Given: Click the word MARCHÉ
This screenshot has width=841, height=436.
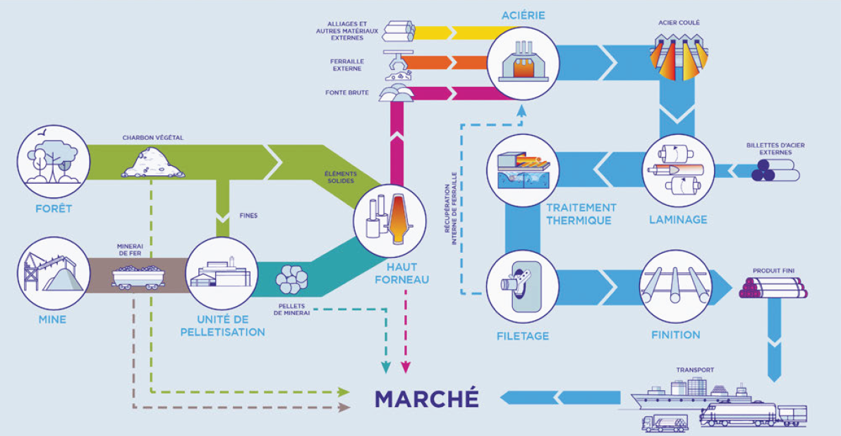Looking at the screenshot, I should click(x=427, y=399).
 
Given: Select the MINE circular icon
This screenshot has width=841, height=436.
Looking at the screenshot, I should click(x=54, y=271).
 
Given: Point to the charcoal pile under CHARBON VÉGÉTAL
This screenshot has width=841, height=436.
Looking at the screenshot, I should click(x=153, y=163).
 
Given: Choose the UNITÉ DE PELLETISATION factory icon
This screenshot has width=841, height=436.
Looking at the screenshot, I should click(x=221, y=271).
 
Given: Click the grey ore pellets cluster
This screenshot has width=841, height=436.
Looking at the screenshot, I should click(x=291, y=278).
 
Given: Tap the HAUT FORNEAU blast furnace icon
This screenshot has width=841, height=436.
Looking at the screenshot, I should click(x=388, y=218).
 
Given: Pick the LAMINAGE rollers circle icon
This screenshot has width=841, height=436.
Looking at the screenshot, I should click(x=678, y=170).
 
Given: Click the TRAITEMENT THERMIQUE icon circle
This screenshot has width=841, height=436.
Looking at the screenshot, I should click(x=522, y=170).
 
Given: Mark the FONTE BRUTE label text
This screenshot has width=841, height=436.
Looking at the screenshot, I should click(x=347, y=93).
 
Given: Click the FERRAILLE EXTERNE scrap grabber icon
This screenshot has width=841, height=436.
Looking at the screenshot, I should click(x=397, y=65).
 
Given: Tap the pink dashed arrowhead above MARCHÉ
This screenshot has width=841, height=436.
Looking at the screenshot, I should click(x=406, y=367).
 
